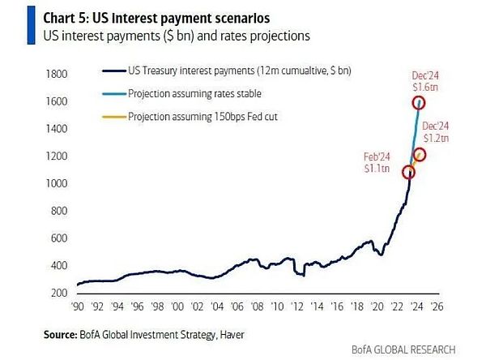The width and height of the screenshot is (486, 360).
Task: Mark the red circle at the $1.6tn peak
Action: click(419, 103)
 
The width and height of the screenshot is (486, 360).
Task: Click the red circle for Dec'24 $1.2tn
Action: click(420, 155)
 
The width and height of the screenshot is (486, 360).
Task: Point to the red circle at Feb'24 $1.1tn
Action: click(408, 172)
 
